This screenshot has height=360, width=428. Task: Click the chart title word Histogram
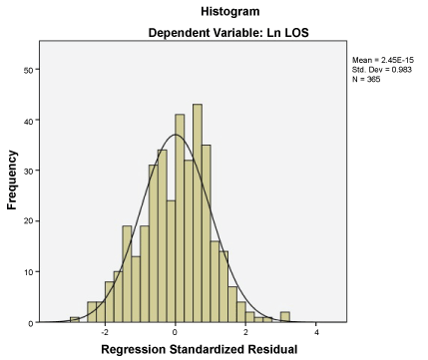[x=230, y=12]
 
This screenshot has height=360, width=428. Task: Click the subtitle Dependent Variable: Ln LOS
[x=228, y=33]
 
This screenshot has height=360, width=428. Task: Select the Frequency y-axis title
[x=12, y=180]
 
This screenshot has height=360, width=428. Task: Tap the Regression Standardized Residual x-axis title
[x=200, y=349]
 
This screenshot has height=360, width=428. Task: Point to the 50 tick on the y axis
[x=28, y=70]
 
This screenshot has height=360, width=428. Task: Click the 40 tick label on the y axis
[x=28, y=121]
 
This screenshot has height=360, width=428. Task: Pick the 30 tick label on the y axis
[x=28, y=171]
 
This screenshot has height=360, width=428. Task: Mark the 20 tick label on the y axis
[x=28, y=221]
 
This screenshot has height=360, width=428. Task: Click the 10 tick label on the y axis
[x=28, y=272]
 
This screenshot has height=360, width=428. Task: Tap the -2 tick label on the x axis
[x=105, y=332]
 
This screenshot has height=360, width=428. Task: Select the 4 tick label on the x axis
[x=316, y=332]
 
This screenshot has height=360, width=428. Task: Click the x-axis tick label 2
[x=245, y=332]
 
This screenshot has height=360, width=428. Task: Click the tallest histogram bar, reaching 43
[x=198, y=213]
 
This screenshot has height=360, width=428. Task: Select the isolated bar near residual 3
[x=285, y=317]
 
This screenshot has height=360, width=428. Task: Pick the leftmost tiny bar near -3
[x=75, y=319]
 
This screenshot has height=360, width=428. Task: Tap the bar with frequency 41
[x=180, y=218]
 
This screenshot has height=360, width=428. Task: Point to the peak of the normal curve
[x=176, y=135]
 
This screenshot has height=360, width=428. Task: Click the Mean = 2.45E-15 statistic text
[x=383, y=60]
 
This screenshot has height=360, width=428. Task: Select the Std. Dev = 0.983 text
[x=382, y=70]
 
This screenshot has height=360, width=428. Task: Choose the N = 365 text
[x=366, y=79]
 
